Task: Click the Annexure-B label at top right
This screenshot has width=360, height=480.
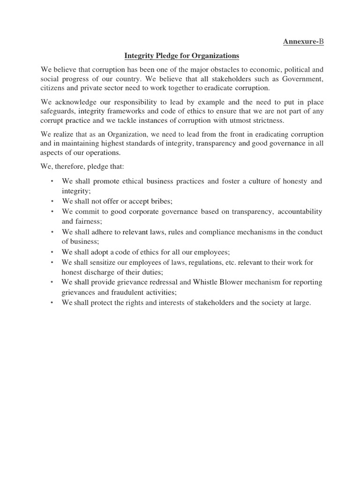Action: (x=303, y=42)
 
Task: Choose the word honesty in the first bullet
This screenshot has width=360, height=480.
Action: (x=288, y=181)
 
